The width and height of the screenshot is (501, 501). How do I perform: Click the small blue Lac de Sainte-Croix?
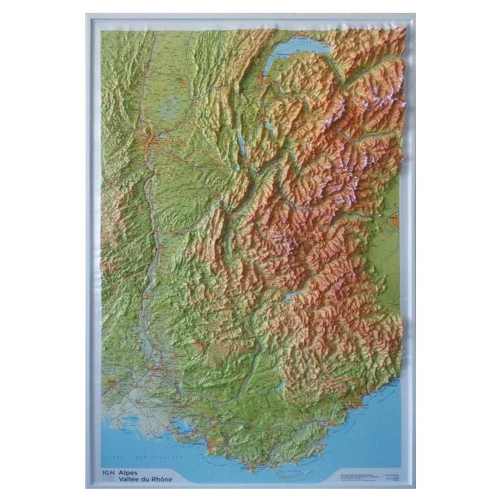[x=279, y=387]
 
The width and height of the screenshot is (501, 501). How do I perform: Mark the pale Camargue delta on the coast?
[x=136, y=422]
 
